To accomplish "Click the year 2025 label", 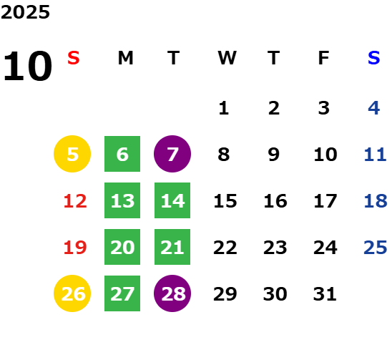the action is [25, 12].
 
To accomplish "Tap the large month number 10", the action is [27, 67].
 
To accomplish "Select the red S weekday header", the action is [74, 58].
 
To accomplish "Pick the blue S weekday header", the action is [374, 58].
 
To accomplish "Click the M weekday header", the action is [125, 58].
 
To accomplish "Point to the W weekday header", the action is [227, 58].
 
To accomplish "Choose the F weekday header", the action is [324, 58].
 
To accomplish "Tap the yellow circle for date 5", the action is [72, 154].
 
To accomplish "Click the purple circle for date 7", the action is [172, 154].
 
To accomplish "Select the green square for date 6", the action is [122, 154].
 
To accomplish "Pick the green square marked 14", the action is [172, 200].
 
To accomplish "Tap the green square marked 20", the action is [122, 247].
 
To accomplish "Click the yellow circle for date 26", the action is [72, 293].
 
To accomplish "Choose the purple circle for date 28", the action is [172, 293].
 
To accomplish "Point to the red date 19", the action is [75, 248].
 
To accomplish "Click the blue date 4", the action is [374, 108].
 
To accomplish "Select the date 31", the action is [325, 293].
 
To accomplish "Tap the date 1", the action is [224, 108].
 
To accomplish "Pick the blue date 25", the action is [376, 248].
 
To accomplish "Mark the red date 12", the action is [75, 201].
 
